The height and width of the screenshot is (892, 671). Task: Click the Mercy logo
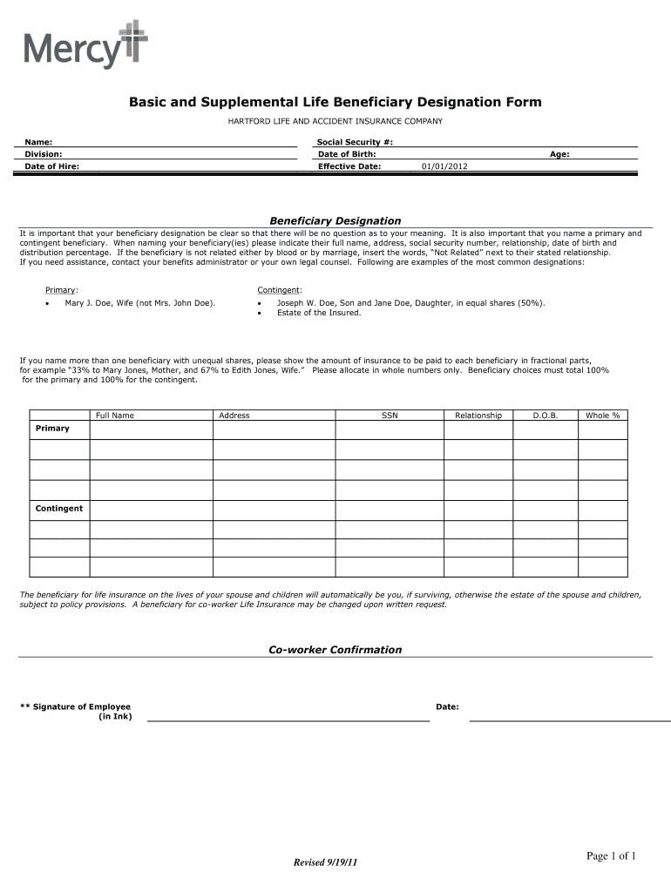(x=85, y=45)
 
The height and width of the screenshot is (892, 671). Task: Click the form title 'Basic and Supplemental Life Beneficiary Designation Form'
(x=335, y=102)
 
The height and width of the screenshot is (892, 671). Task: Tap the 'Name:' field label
(x=38, y=141)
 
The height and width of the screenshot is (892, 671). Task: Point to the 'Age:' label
(x=559, y=153)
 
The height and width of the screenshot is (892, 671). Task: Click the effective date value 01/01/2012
(x=444, y=166)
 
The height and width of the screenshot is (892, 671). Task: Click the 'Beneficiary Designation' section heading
(x=335, y=221)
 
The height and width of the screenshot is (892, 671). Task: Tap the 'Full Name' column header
(x=115, y=416)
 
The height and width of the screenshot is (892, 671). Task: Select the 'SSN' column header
(x=390, y=416)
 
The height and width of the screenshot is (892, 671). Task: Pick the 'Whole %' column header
(x=602, y=416)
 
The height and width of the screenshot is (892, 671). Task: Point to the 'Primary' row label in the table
(x=52, y=429)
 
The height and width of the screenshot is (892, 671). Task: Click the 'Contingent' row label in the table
(x=59, y=508)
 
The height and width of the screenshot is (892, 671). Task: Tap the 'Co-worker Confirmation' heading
(x=335, y=650)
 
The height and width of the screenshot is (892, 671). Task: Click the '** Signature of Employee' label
(x=75, y=706)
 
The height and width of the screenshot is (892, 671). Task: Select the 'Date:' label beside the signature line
(x=447, y=706)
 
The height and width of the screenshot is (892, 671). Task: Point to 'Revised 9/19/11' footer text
(x=326, y=862)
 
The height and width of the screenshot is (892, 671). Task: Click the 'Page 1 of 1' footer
(x=611, y=856)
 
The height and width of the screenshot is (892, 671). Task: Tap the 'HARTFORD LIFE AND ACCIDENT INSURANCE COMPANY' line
(x=335, y=121)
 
